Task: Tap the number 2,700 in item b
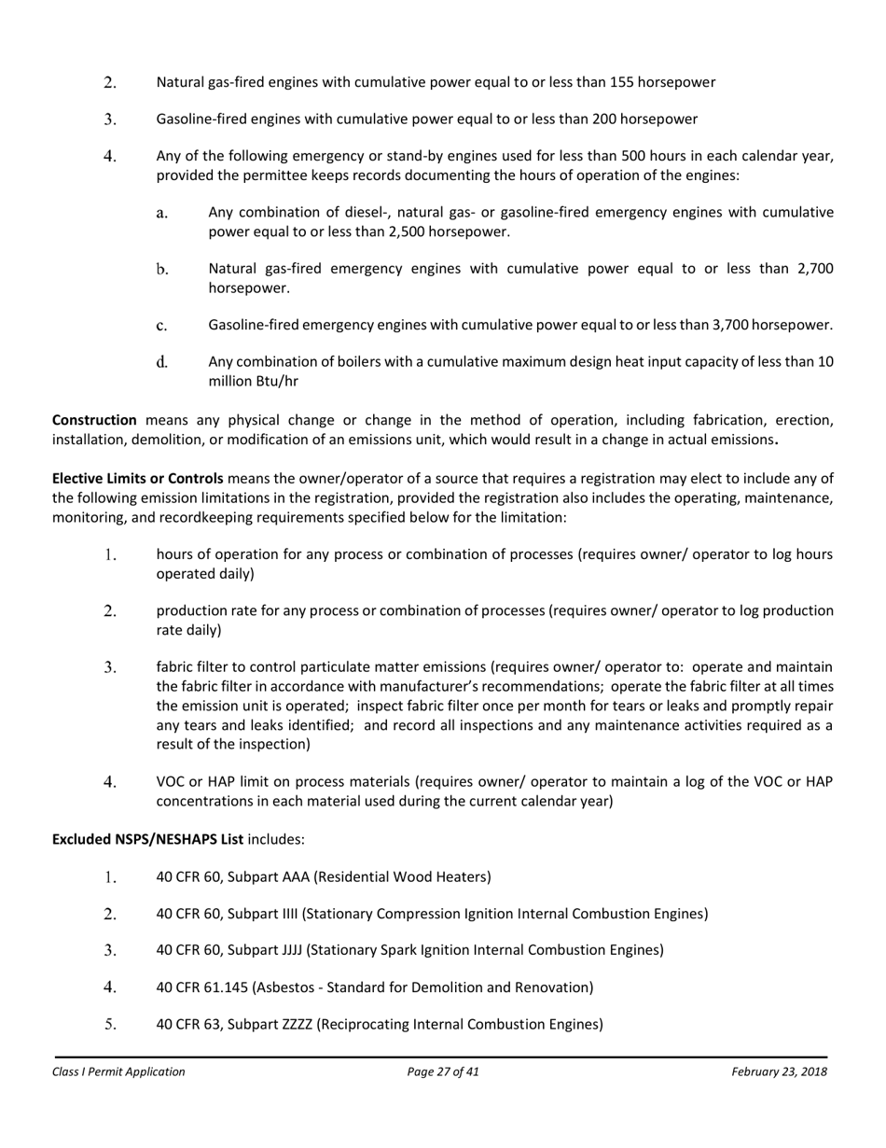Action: point(815,269)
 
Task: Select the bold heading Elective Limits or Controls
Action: point(138,479)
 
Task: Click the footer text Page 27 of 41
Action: point(443,1071)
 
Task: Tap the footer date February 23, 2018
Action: point(779,1071)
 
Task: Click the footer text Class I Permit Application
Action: point(118,1071)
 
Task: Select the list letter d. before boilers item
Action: point(162,362)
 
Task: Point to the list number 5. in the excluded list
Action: point(110,1024)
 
